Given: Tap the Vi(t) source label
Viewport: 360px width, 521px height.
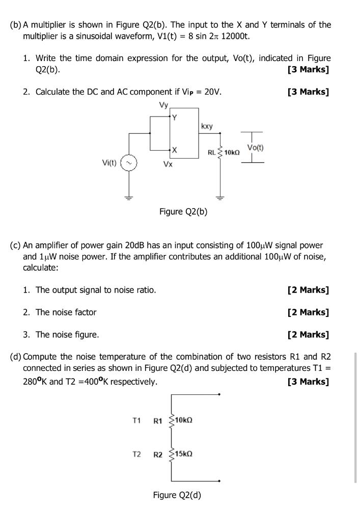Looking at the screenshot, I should pos(109,163).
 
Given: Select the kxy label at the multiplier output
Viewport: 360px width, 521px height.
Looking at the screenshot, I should pos(207,126).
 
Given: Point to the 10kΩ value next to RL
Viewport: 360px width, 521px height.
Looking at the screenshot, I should pos(232,152).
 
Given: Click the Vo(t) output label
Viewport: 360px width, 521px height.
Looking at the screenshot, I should pos(255,148).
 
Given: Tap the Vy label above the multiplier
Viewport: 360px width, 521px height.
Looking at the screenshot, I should pos(163,106).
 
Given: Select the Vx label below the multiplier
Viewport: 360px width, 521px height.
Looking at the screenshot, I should pos(167,164).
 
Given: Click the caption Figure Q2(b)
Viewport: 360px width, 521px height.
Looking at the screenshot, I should pos(183,212).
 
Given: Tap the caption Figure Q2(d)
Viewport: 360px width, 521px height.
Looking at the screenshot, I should pos(177,495).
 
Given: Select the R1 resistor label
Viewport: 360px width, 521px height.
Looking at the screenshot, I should pos(158,421).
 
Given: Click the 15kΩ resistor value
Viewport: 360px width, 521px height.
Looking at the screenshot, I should pos(184,453).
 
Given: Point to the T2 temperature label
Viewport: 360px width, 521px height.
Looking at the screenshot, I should pos(136,453).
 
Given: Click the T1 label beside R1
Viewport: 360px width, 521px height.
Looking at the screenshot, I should pos(136,421).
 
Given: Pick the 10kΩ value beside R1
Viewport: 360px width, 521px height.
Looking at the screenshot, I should pos(184,421).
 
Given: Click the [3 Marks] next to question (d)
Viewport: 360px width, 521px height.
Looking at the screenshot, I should pos(308,382).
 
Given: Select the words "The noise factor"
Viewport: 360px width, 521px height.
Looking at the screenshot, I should pos(66,312).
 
